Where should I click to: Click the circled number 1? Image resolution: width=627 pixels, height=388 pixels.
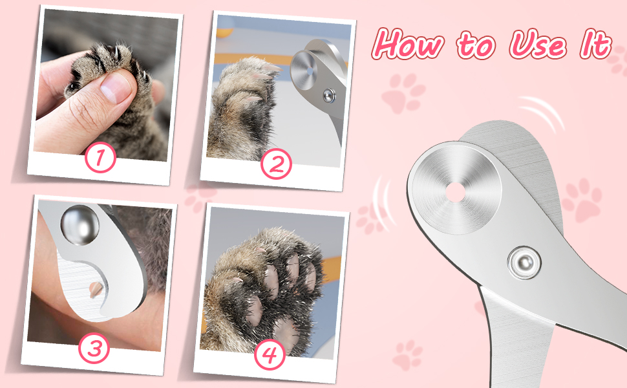[x=100, y=157]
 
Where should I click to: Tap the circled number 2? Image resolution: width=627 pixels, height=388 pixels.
[x=276, y=164]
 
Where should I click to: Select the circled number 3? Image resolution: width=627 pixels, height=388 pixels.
[x=94, y=348]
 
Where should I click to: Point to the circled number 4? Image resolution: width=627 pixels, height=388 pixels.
[x=270, y=354]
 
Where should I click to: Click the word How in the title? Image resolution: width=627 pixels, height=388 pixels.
[x=408, y=44]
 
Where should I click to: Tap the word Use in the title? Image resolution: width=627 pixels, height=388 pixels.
[x=538, y=45]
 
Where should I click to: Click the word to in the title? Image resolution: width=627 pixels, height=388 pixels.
[x=476, y=47]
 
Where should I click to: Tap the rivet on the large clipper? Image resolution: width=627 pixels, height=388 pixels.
[x=524, y=263]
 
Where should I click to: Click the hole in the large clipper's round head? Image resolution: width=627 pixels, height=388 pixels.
[x=456, y=192]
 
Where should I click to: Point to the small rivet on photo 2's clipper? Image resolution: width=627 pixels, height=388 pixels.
[x=330, y=96]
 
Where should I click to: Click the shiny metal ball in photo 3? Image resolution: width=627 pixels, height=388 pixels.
[x=80, y=225]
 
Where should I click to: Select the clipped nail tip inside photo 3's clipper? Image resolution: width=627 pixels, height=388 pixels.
[x=96, y=288]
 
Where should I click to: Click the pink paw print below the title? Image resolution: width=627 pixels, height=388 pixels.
[x=403, y=94]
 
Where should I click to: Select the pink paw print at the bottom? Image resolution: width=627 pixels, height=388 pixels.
[x=407, y=355]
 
